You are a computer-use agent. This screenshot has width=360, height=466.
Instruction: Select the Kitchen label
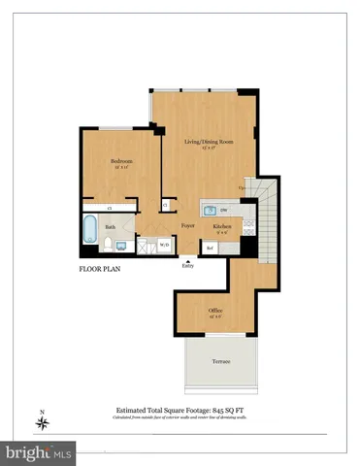221,225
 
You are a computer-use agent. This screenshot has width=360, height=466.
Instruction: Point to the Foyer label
186,226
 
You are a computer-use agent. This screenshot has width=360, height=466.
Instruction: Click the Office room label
215,311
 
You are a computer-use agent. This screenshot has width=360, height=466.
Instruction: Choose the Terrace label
221,360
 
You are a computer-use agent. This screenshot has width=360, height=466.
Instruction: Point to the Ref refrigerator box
210,247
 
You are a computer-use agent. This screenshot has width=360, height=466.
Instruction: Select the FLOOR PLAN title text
103,270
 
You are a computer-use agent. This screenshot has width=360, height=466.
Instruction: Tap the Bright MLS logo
40,451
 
